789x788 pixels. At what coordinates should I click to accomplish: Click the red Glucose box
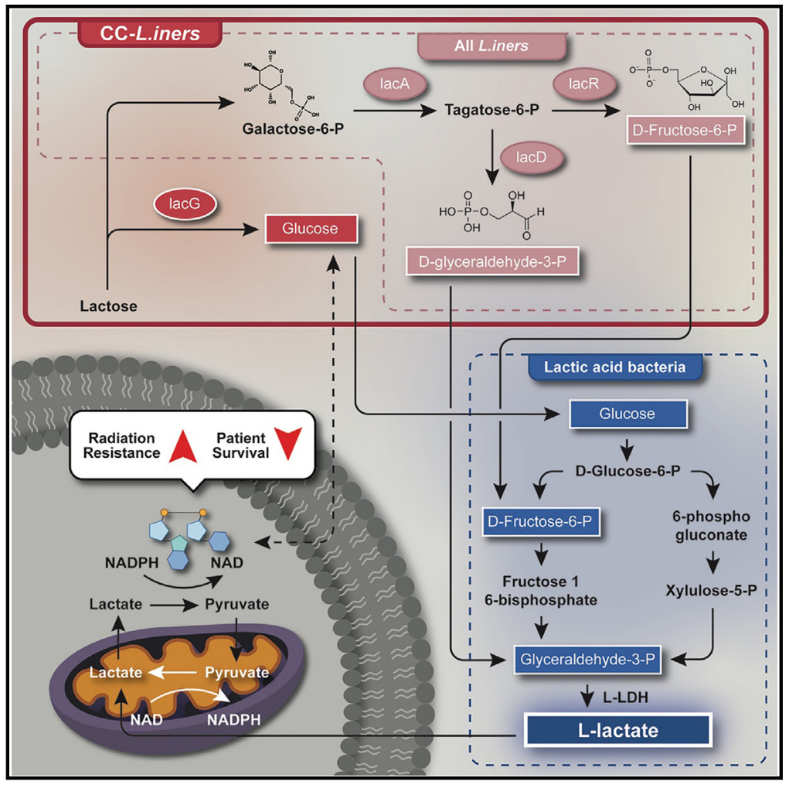pos(311,229)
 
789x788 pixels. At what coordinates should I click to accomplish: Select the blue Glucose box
pos(627,414)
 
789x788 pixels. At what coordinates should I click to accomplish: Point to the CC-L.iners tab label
pos(149,34)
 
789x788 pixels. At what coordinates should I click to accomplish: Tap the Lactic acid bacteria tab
pos(615,367)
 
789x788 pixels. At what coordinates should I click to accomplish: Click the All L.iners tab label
pos(491,46)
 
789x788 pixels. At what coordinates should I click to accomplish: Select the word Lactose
pos(108,306)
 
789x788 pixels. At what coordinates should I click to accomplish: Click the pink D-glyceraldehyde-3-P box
pos(492,263)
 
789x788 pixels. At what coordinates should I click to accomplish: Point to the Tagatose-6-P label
pos(491,111)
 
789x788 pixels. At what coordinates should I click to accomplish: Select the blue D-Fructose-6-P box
pos(540,523)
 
